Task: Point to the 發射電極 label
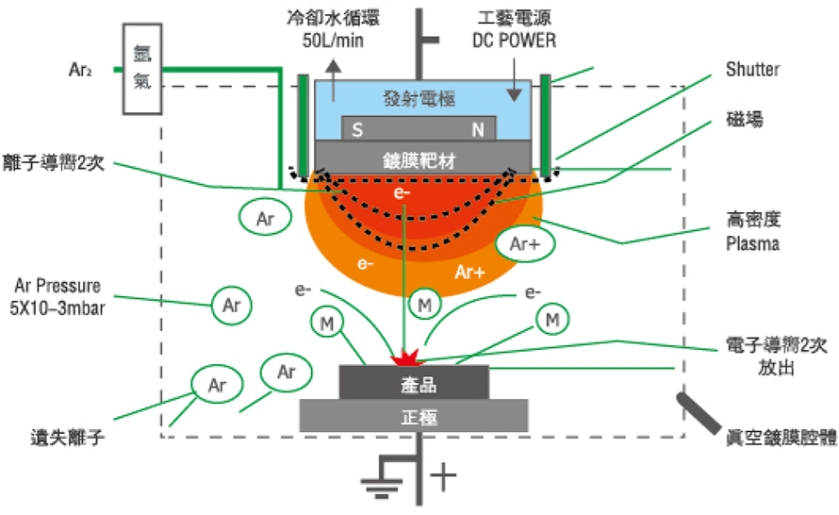pos(418,99)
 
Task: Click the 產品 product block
pos(414,384)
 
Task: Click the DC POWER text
pos(515,41)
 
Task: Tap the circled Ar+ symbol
pos(524,242)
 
